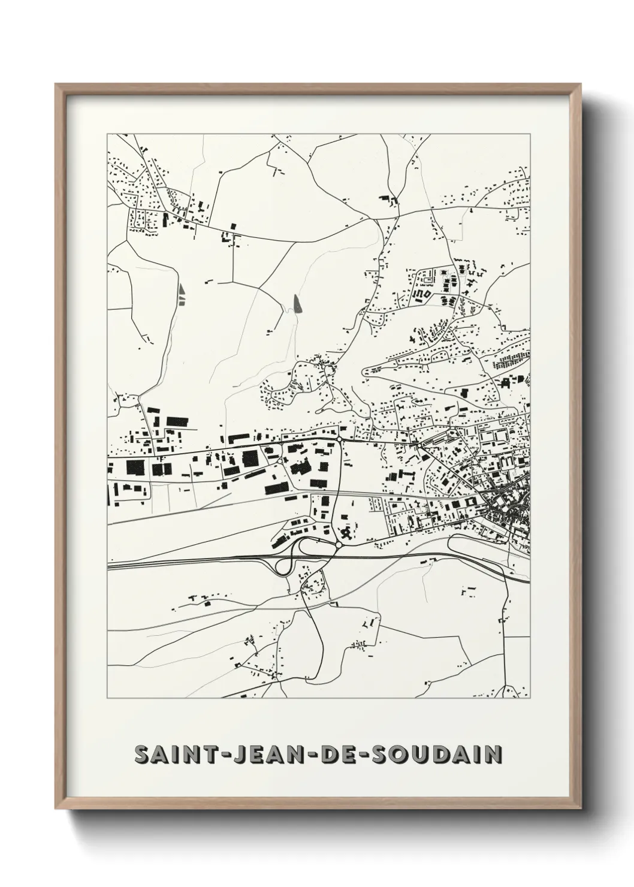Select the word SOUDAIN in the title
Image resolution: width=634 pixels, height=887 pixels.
click(x=431, y=755)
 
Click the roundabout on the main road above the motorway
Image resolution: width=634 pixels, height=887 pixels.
click(x=340, y=439)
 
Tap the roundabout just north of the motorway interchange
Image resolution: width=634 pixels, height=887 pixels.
click(x=339, y=545)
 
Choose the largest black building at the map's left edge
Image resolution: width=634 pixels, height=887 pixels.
click(x=133, y=467)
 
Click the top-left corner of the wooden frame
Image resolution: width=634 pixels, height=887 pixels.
click(x=56, y=85)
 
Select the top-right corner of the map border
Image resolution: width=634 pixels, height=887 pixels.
click(x=530, y=134)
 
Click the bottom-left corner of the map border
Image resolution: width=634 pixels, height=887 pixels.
click(x=107, y=698)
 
